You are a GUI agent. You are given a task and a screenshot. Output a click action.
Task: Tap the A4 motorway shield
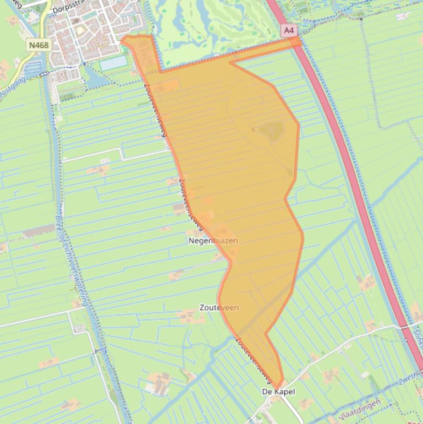click(x=288, y=31)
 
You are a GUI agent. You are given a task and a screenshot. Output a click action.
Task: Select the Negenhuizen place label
click(x=213, y=241)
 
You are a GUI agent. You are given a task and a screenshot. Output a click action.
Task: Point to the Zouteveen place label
click(x=219, y=308)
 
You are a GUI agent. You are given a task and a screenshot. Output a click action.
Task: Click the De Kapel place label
click(x=278, y=392)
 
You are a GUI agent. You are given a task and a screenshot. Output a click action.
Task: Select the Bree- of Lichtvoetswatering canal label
click(x=72, y=259)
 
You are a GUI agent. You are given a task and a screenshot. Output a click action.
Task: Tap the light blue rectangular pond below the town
click(x=113, y=63)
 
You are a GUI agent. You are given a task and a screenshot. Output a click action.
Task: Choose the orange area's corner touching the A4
click(x=297, y=41)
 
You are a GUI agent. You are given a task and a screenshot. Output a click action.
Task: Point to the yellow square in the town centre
click(x=80, y=30)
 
